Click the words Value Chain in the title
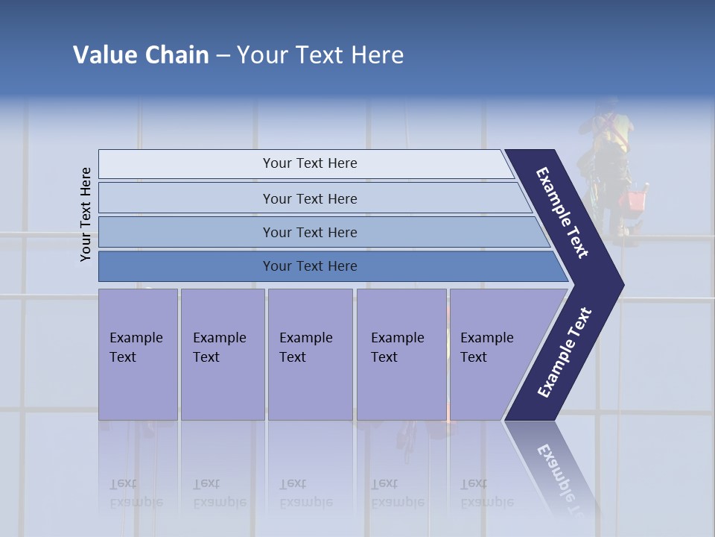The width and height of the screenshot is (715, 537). tap(141, 55)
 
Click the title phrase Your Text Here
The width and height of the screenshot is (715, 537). tap(320, 55)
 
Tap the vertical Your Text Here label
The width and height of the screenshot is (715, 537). tap(86, 214)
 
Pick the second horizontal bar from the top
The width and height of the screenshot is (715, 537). tap(310, 198)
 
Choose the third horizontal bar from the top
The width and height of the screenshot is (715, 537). tap(310, 232)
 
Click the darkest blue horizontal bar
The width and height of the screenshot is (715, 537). tap(310, 266)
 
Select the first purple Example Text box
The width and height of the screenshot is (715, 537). tap(138, 354)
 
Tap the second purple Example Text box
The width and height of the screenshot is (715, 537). tap(222, 354)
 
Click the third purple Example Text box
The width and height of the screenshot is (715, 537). tap(310, 354)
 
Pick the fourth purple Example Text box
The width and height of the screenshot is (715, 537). tap(401, 354)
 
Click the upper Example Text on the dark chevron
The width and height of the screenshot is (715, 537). tap(562, 213)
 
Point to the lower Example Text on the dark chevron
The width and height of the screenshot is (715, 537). tap(564, 353)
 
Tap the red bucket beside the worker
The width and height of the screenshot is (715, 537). tap(635, 201)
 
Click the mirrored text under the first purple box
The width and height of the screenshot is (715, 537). tap(136, 493)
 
